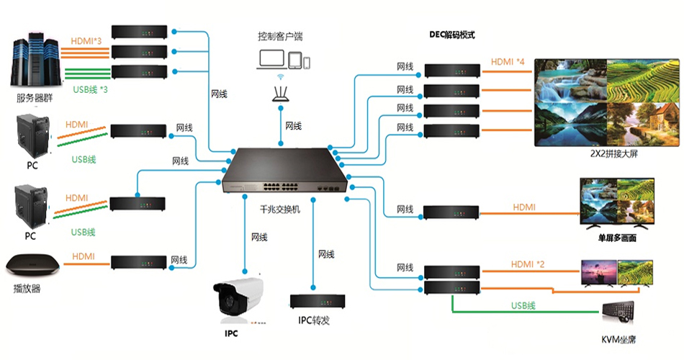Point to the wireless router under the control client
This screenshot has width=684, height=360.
click(x=282, y=91)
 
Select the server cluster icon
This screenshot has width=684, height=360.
click(x=35, y=62)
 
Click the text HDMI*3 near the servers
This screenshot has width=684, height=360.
click(x=90, y=41)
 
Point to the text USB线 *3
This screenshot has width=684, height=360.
click(x=91, y=90)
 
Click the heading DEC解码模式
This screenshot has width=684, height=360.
click(x=452, y=35)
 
